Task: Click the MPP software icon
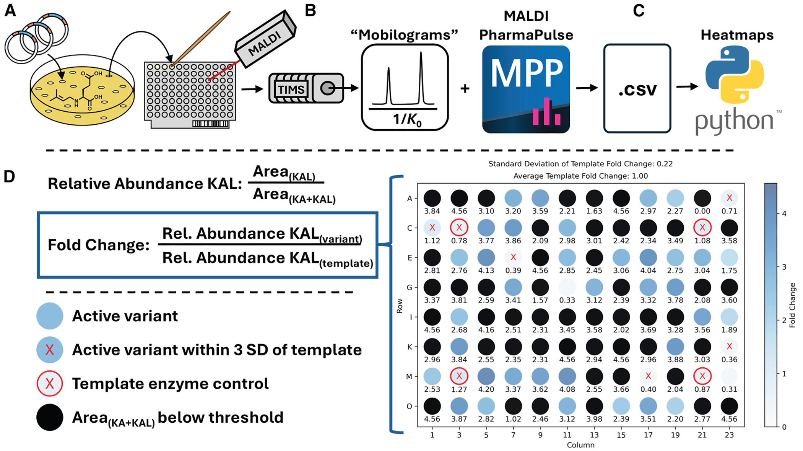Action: [x=526, y=89]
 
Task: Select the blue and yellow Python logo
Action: [x=735, y=75]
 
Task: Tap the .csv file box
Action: [x=637, y=88]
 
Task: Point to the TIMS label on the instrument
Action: [x=291, y=90]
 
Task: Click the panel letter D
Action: [x=9, y=177]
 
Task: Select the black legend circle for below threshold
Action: [x=50, y=417]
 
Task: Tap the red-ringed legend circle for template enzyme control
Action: [x=50, y=384]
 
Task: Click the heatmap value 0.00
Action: [x=702, y=211]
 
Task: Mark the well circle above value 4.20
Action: [x=486, y=376]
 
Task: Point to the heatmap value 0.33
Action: [x=567, y=300]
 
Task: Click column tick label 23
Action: [x=729, y=435]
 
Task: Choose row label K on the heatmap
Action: [x=410, y=347]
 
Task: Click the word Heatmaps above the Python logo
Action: [x=737, y=35]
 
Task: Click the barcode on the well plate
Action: [x=210, y=124]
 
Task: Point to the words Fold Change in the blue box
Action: [x=99, y=245]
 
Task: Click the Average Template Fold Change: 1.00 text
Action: [x=580, y=176]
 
